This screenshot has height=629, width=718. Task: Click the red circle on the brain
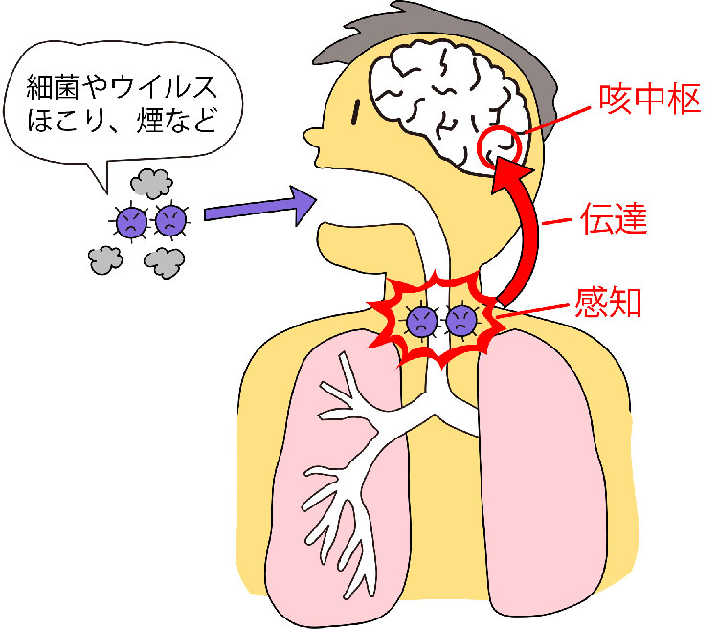tap(499, 147)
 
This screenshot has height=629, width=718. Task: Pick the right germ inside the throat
tap(460, 321)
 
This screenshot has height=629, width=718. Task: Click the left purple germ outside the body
tap(129, 221)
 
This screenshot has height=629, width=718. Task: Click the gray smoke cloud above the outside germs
tap(150, 182)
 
